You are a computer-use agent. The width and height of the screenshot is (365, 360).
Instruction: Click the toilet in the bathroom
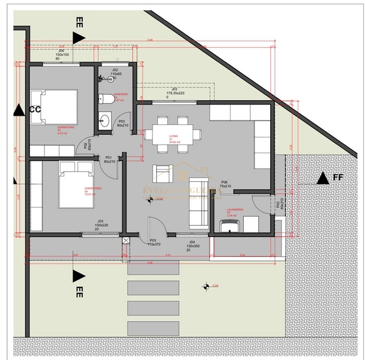[x=103, y=99]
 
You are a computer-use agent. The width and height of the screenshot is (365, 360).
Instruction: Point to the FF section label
[x=338, y=178]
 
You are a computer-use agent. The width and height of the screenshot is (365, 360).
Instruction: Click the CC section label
[x=35, y=109]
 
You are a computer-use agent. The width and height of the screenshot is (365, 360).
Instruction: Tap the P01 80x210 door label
[x=109, y=160]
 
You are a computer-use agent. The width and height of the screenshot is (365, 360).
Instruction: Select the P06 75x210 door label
[x=225, y=184]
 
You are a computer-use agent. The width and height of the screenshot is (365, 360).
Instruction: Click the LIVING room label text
[x=173, y=140]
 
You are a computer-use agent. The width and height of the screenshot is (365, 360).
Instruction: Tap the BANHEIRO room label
[x=122, y=97]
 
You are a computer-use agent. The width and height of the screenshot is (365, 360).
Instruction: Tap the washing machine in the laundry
[x=230, y=226]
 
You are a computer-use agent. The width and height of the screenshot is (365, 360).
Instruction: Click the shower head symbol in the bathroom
[x=114, y=79]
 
